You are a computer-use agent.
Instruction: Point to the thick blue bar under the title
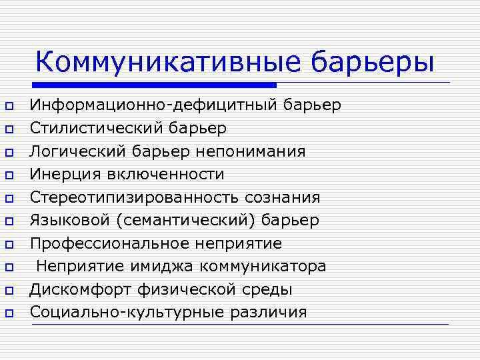[153, 85]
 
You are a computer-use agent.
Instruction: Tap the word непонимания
[251, 151]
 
